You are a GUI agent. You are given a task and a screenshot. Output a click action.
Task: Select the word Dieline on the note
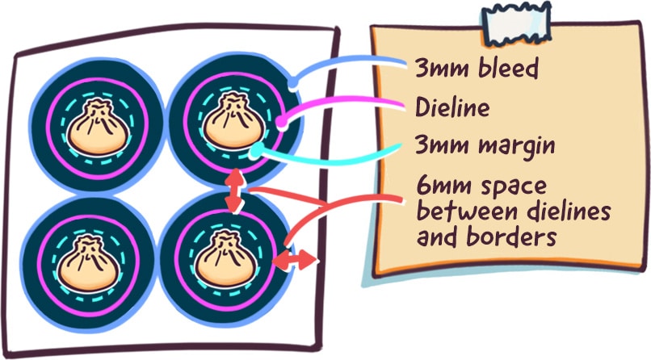(453, 107)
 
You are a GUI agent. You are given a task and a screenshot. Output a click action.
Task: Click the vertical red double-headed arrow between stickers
(234, 191)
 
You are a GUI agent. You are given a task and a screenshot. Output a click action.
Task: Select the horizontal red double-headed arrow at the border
(296, 260)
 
